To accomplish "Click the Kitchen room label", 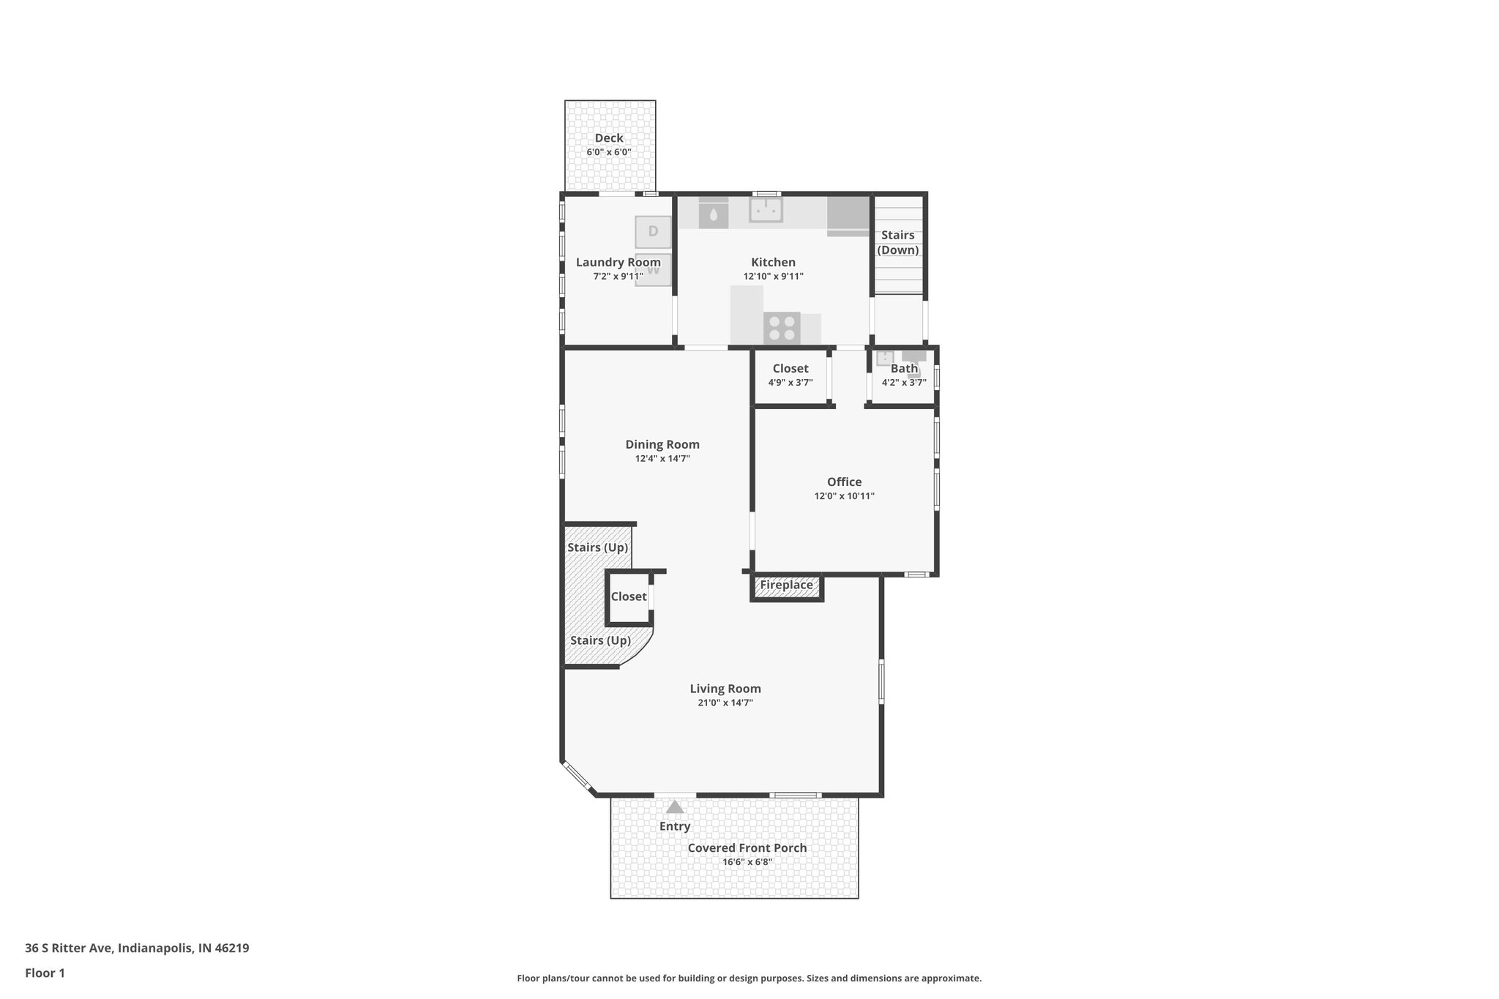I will point(773,262).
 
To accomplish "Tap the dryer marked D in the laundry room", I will point(653,231).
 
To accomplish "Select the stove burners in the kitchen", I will point(782,327).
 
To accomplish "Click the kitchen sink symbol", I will point(766,210).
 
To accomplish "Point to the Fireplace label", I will point(786,585).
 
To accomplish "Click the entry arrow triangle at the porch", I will point(675,807).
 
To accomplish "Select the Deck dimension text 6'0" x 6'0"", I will point(608,152).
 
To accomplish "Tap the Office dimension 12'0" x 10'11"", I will point(844,496).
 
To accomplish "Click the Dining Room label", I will point(662,444).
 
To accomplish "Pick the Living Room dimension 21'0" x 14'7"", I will point(725,703).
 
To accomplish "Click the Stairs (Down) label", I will point(897,242).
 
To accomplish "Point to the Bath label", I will point(904,368).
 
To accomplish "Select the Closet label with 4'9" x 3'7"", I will point(790,368).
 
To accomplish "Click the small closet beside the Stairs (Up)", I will point(629,597).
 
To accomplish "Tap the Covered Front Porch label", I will point(747,848).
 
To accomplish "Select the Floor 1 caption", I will point(45,973).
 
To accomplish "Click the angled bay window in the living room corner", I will point(577,777).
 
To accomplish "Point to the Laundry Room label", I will point(618,262).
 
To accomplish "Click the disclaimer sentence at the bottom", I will point(749,979).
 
